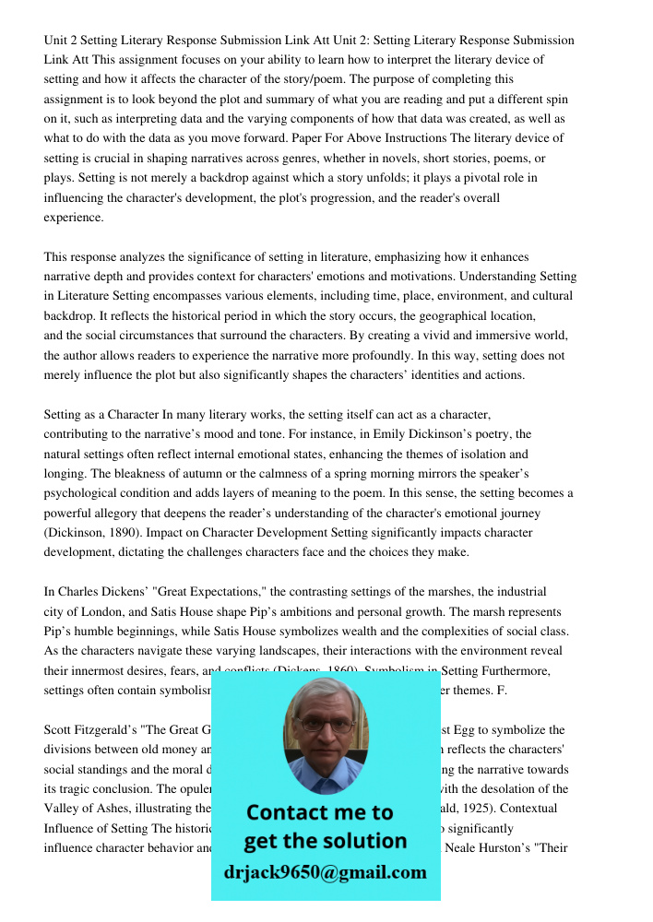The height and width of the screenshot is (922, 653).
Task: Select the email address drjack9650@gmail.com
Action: coord(326,872)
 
